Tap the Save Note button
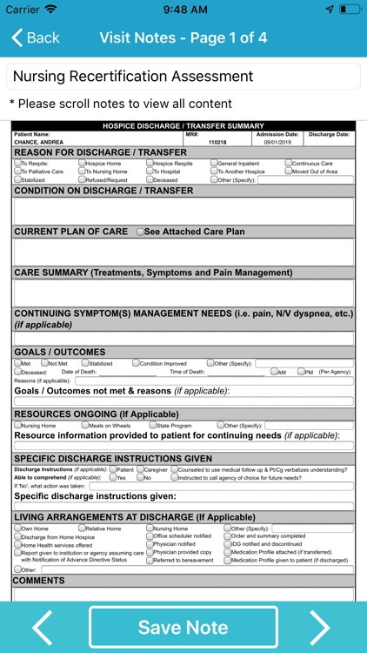(x=183, y=627)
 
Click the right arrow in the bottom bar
(x=321, y=627)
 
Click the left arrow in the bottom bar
(x=43, y=627)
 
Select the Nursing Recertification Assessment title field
(x=183, y=77)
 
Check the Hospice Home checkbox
(x=81, y=164)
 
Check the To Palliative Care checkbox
(x=17, y=172)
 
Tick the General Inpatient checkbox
(x=214, y=164)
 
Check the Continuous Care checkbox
(x=288, y=164)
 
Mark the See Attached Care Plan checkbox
(x=141, y=232)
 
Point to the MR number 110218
(x=193, y=141)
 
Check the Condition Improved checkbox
(x=136, y=363)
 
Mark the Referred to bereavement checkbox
(x=150, y=560)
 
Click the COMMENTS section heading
(x=39, y=581)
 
